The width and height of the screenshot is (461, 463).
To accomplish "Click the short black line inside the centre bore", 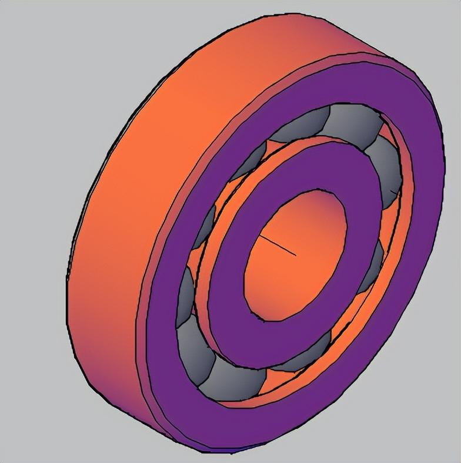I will coord(278,246).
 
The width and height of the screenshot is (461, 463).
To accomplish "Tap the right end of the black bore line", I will coord(295,255).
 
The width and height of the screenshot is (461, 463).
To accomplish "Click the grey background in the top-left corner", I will coord(24,24).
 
